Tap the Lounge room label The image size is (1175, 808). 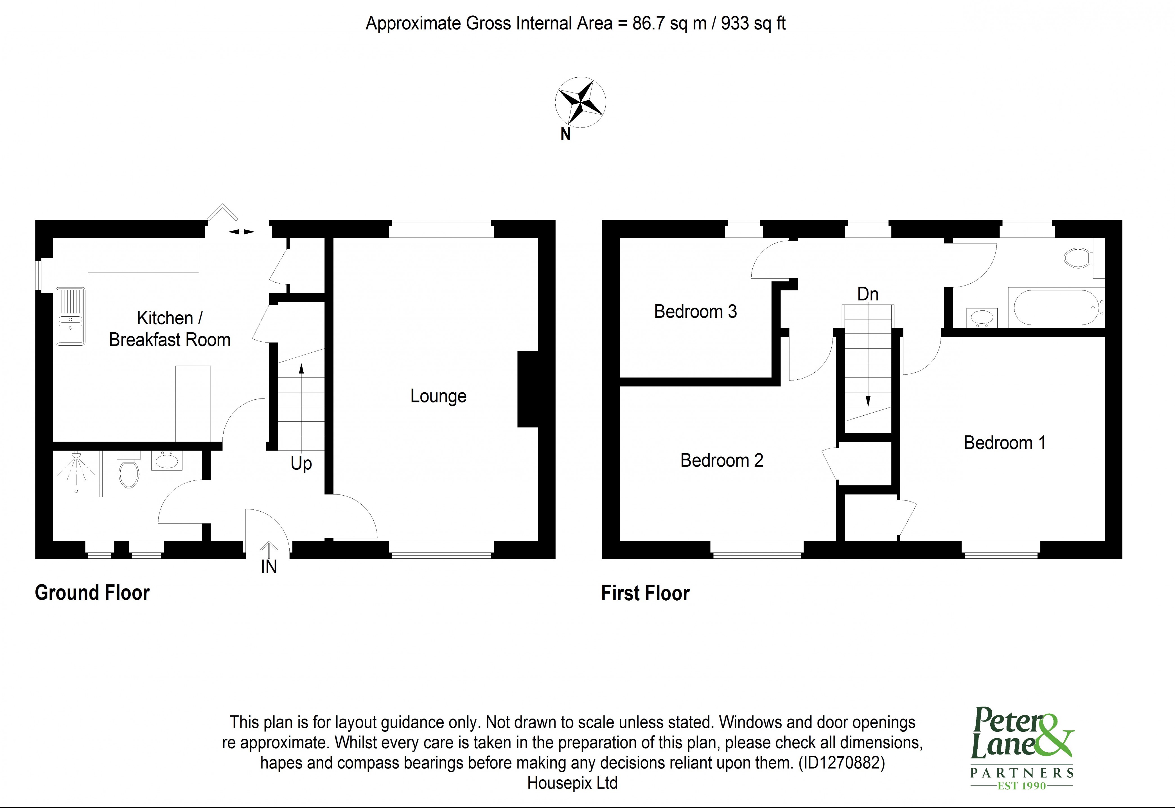[x=438, y=396]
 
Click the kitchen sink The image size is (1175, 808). [x=70, y=316]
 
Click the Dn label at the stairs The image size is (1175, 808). [x=867, y=294]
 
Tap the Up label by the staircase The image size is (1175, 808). [x=301, y=463]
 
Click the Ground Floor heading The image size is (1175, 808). [x=92, y=593]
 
